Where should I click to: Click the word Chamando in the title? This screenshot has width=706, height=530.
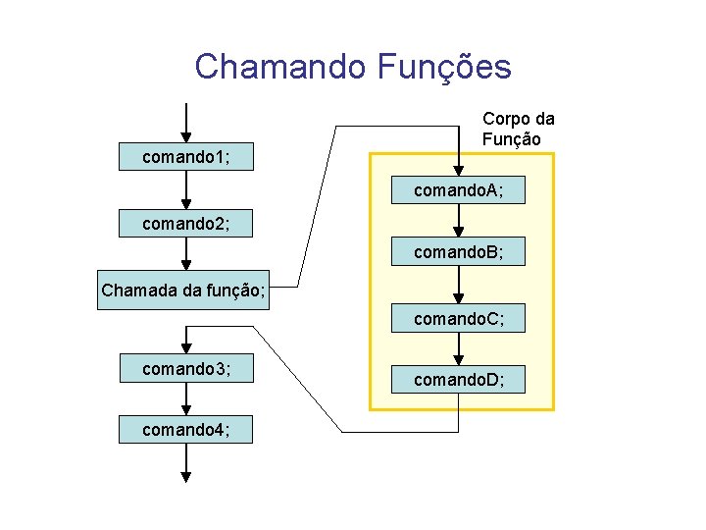point(279,67)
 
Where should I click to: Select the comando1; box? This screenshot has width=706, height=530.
point(186,157)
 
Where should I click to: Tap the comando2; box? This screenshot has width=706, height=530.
point(186,224)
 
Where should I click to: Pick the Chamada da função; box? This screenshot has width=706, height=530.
point(183,291)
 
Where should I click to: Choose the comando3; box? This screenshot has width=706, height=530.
point(186,369)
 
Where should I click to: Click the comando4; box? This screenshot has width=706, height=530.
point(186,430)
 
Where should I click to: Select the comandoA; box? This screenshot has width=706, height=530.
point(459,190)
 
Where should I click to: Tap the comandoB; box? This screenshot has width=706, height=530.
point(459,252)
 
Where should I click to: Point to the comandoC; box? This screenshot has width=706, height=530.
point(459,318)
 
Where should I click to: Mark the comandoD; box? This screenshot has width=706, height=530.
point(459,379)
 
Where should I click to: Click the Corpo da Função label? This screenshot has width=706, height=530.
point(518,129)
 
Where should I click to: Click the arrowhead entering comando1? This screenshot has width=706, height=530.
point(186,136)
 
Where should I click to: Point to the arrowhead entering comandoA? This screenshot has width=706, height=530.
point(459,170)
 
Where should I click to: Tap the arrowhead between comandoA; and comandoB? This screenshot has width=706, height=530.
point(459,232)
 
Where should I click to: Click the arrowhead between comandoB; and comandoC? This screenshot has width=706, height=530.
point(459,297)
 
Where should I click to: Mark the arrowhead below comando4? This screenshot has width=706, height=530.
point(186,477)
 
